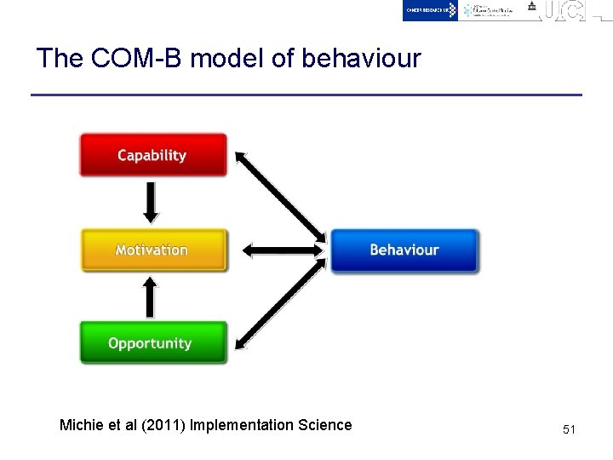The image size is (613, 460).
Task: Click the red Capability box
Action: [x=153, y=155]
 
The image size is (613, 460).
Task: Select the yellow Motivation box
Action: [x=153, y=250]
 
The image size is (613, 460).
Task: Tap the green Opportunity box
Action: [x=153, y=343]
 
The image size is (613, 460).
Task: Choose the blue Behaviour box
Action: [x=404, y=250]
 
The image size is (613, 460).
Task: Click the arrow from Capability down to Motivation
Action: [x=151, y=203]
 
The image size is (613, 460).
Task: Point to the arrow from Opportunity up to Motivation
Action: [x=151, y=297]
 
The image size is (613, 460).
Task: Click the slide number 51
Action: [x=569, y=430]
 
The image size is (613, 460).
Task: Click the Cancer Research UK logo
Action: [x=431, y=10]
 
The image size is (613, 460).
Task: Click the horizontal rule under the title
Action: [x=306, y=95]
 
